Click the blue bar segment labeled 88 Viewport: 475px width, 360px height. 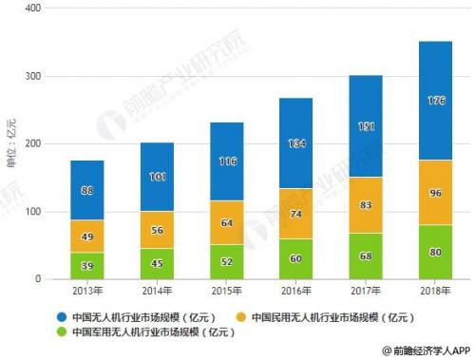[x=87, y=190]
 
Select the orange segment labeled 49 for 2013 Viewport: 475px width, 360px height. [x=87, y=237]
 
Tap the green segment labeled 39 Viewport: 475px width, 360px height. [x=87, y=266]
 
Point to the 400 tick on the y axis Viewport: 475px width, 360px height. [x=36, y=9]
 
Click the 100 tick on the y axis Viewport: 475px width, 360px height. [x=36, y=212]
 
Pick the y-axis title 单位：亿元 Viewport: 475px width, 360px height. [x=11, y=143]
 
